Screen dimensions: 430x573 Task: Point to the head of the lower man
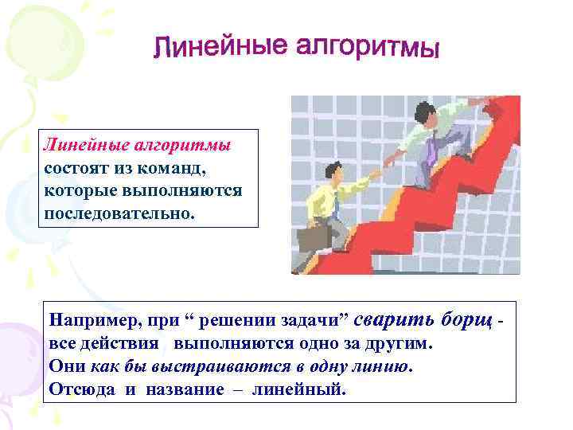pyautogui.click(x=333, y=170)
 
